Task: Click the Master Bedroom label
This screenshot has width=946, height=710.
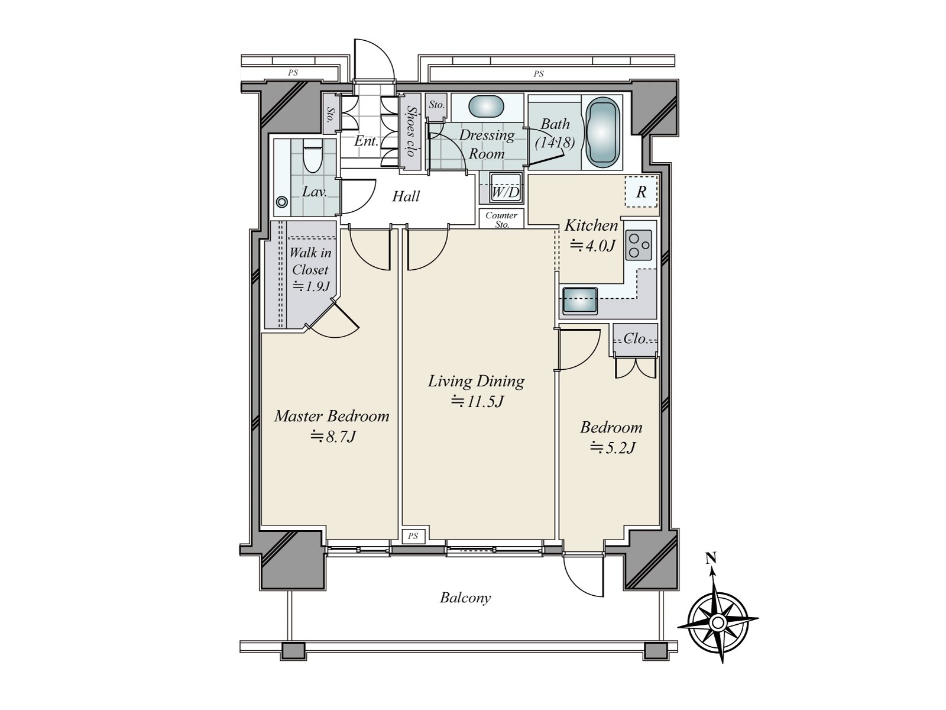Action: [332, 416]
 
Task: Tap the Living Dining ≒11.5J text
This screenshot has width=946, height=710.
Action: [477, 391]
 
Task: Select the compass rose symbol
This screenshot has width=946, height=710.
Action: [717, 622]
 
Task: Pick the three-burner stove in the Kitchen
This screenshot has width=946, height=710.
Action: [639, 244]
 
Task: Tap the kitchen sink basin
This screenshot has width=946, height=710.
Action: [579, 301]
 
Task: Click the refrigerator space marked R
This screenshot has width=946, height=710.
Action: [641, 192]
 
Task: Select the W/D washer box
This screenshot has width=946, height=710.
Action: [506, 187]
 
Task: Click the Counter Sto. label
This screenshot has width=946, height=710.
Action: [501, 220]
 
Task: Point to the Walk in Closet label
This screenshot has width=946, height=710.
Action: [310, 261]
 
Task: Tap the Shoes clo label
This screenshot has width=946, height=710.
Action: [410, 131]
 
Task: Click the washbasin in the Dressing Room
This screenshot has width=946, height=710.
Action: [487, 107]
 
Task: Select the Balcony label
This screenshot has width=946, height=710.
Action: [465, 598]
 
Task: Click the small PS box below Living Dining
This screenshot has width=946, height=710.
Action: [413, 536]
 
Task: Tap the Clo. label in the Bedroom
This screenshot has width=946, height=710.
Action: [636, 339]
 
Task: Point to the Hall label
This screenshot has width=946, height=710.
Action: [406, 196]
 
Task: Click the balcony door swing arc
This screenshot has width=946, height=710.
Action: [582, 577]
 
